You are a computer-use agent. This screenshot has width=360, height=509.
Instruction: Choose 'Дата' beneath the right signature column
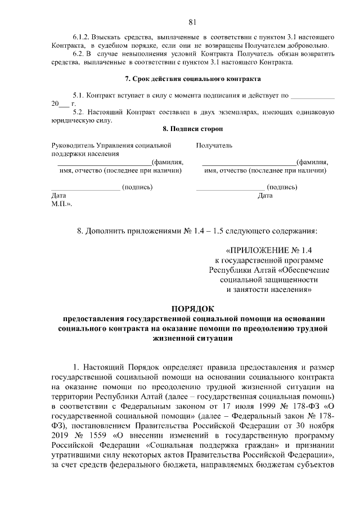pyautogui.click(x=264, y=195)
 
